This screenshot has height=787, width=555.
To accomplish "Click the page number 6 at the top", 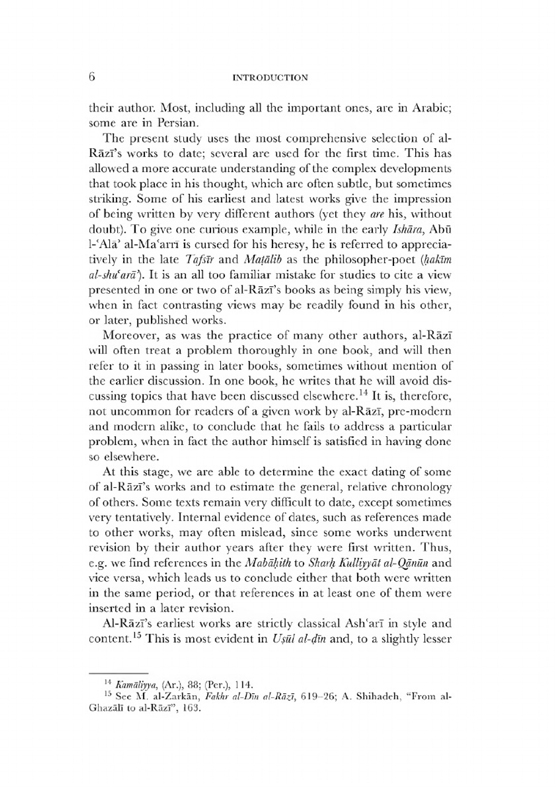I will [x=92, y=77].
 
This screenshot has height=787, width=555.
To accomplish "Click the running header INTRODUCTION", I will [x=270, y=78].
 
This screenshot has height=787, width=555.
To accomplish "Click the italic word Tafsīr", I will [x=198, y=260].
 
